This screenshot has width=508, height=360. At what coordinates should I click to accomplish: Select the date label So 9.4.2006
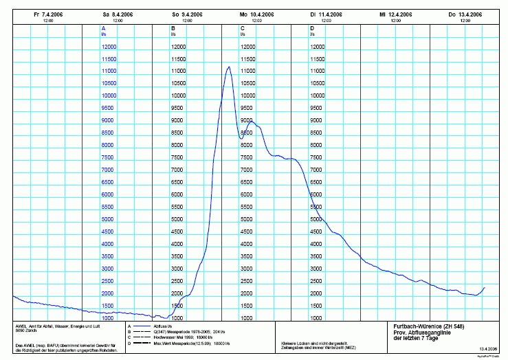(x=186, y=14)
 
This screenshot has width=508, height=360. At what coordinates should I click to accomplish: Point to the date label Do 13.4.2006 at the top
(x=465, y=14)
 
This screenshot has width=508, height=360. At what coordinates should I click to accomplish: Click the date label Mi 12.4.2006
(x=395, y=14)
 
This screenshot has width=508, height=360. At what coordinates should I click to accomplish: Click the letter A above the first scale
(x=104, y=27)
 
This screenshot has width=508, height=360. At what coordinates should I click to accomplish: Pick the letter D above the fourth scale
(x=312, y=27)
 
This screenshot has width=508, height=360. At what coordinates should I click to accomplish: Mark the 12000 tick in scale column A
(x=109, y=46)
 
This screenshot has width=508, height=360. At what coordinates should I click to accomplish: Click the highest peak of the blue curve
(x=229, y=67)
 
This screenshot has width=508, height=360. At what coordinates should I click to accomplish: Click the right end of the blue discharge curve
(x=485, y=287)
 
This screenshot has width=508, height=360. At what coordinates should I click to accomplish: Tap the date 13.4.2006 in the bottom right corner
(x=489, y=349)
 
